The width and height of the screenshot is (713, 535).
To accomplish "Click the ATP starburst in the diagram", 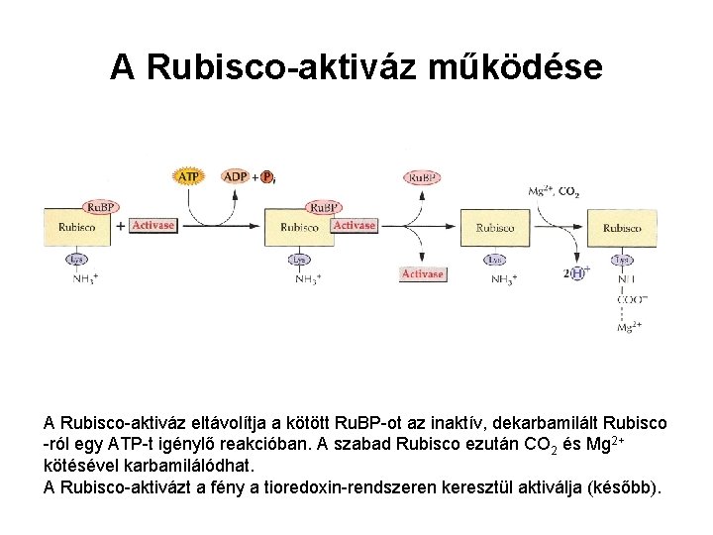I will pyautogui.click(x=188, y=176).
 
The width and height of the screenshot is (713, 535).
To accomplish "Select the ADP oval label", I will pyautogui.click(x=236, y=176).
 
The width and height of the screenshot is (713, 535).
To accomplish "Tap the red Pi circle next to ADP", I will pyautogui.click(x=266, y=177).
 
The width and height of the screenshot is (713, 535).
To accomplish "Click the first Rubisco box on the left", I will pyautogui.click(x=76, y=227).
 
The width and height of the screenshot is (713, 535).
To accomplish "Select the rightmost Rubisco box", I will pyautogui.click(x=622, y=228).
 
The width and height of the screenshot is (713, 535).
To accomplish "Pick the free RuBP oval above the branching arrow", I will pyautogui.click(x=422, y=177).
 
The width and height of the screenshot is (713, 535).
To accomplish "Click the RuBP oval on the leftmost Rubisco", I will pyautogui.click(x=100, y=206).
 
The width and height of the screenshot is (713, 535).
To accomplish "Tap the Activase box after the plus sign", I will pyautogui.click(x=153, y=225).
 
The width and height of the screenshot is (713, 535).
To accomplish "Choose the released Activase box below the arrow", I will pyautogui.click(x=422, y=273).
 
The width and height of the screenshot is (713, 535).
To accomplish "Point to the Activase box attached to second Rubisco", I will pyautogui.click(x=354, y=226).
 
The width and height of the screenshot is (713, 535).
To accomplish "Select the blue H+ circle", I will pyautogui.click(x=577, y=272).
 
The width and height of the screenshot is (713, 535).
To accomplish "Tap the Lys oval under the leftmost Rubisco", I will pyautogui.click(x=76, y=259).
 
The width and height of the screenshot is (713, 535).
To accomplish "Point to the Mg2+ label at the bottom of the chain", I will pyautogui.click(x=629, y=327).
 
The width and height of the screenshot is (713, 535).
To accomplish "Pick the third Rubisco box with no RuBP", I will pyautogui.click(x=495, y=228).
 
